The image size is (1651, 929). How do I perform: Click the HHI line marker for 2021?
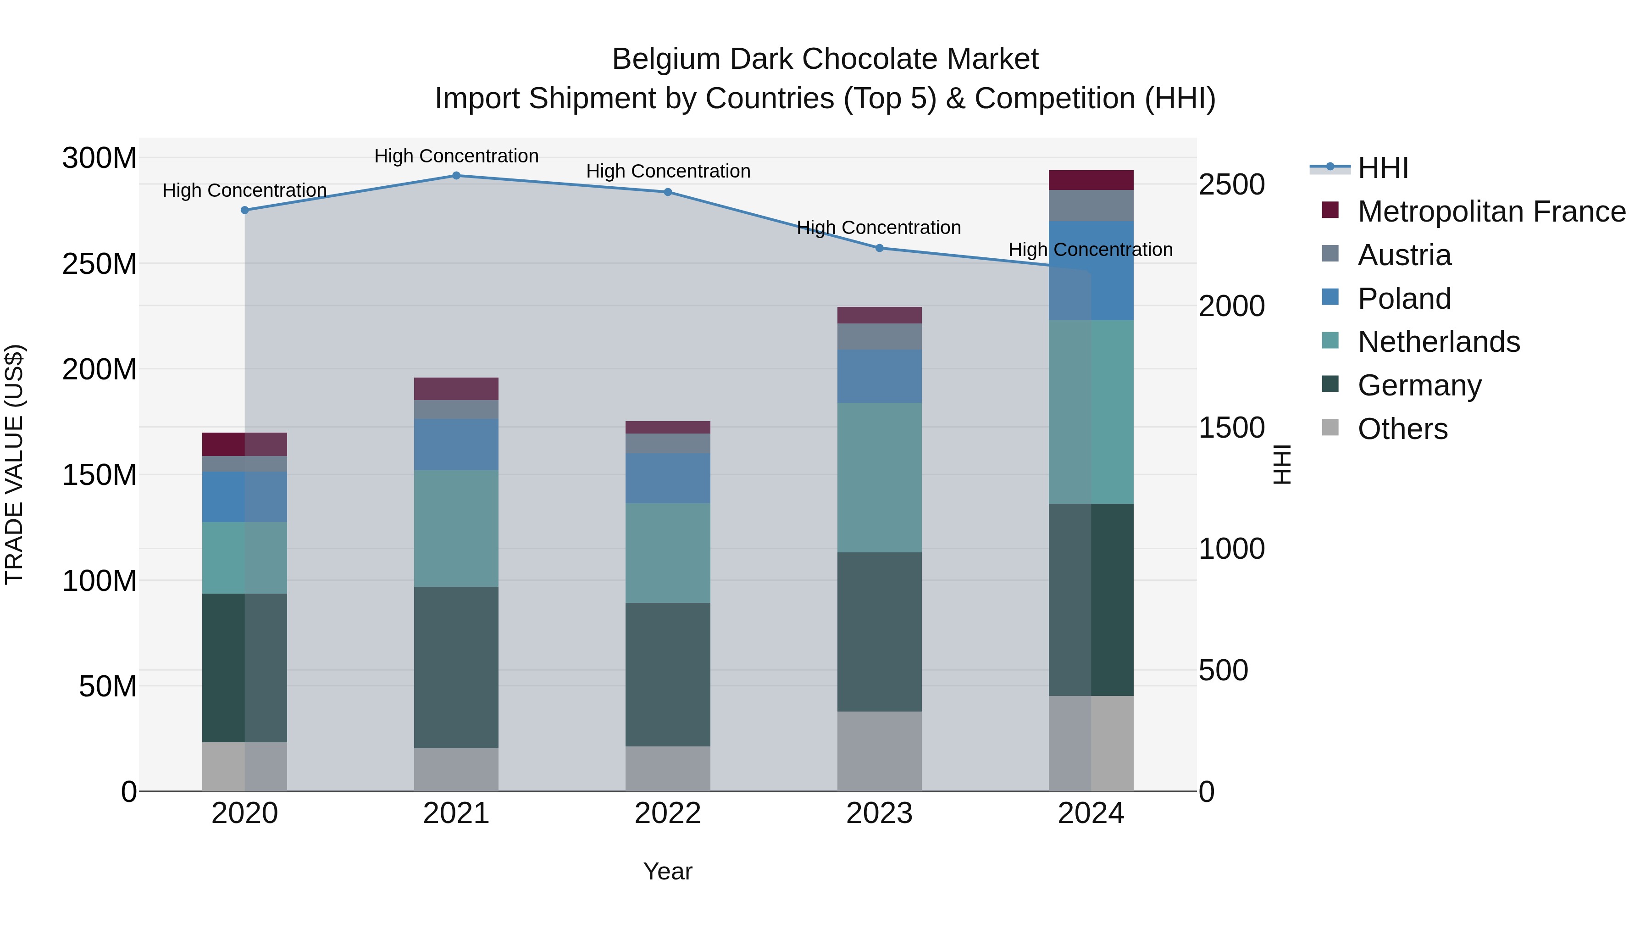pyautogui.click(x=456, y=176)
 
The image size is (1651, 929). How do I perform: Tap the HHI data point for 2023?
pyautogui.click(x=879, y=248)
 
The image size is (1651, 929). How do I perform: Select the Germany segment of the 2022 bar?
pyautogui.click(x=667, y=674)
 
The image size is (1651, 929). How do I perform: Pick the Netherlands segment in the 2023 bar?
pyautogui.click(x=879, y=478)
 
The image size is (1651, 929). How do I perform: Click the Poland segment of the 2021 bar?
pyautogui.click(x=456, y=444)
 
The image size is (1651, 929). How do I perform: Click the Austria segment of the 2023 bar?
pyautogui.click(x=879, y=337)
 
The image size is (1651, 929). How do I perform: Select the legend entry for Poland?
pyautogui.click(x=1404, y=299)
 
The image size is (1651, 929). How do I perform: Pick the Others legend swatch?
pyautogui.click(x=1330, y=427)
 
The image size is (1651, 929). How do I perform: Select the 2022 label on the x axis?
pyautogui.click(x=667, y=813)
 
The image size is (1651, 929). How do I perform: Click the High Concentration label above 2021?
pyautogui.click(x=456, y=156)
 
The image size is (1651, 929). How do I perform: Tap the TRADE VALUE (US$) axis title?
pyautogui.click(x=14, y=464)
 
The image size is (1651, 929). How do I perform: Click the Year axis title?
pyautogui.click(x=667, y=871)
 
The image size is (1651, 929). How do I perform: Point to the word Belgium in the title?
pyautogui.click(x=666, y=60)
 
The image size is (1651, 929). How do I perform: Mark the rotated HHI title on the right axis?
pyautogui.click(x=1281, y=464)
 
